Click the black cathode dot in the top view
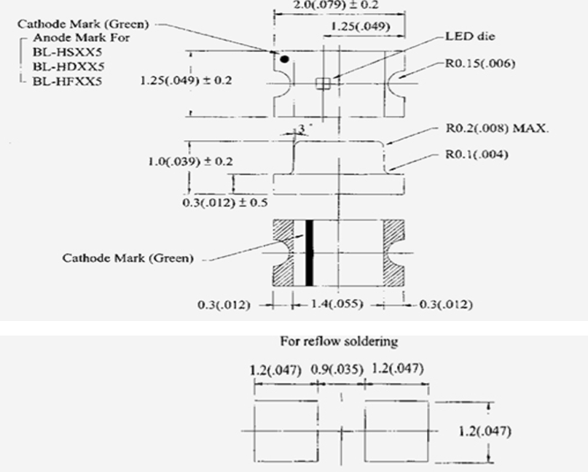click(x=285, y=59)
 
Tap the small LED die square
click(x=323, y=83)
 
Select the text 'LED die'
click(x=470, y=36)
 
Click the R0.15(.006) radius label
click(x=480, y=63)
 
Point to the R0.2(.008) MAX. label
click(x=497, y=128)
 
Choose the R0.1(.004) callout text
click(x=477, y=155)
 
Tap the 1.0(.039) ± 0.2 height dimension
click(x=190, y=161)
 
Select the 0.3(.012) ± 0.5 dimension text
click(x=225, y=203)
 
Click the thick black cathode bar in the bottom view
click(x=310, y=253)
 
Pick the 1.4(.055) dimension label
click(x=337, y=303)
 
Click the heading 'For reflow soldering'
click(x=339, y=341)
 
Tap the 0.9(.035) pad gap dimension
click(x=337, y=369)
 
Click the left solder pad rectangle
click(x=286, y=431)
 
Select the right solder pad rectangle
click(x=396, y=431)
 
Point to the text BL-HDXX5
click(x=68, y=66)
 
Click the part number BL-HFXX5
click(x=67, y=82)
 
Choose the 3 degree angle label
click(x=302, y=129)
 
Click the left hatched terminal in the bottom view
click(x=283, y=253)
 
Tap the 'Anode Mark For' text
click(x=82, y=38)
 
